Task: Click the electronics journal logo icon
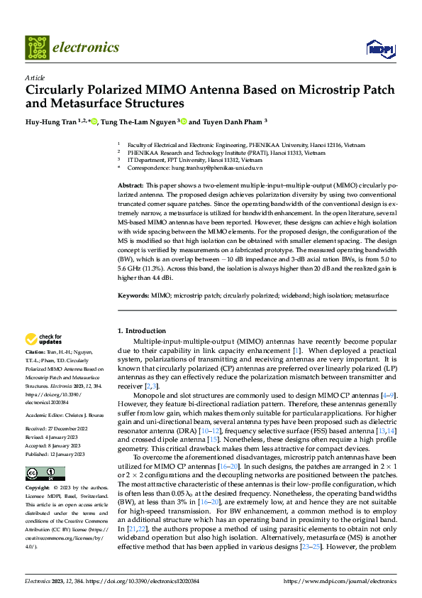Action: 36,48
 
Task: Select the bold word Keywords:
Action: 133,294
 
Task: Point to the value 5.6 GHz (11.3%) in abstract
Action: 140,270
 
